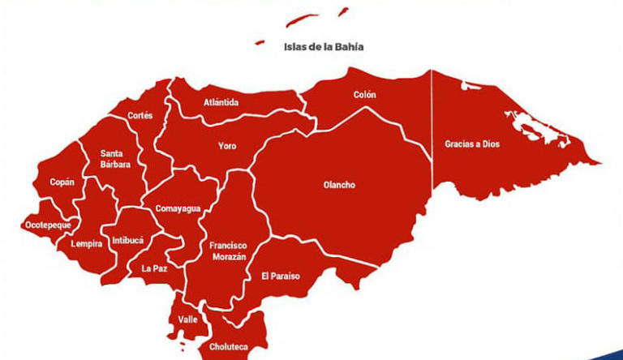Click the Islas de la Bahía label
point(323,47)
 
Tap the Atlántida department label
point(221,103)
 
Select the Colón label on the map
point(364,95)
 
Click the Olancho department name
point(339,185)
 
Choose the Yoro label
point(227,147)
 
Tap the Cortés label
point(140,116)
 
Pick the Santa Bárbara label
point(112,158)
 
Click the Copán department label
point(62,182)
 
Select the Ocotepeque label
point(48,225)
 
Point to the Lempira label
point(86,243)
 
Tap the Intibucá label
point(127,241)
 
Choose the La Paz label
point(154,268)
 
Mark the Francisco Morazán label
point(227,251)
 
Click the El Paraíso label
point(280,276)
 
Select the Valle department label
point(187,319)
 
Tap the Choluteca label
point(228,347)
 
